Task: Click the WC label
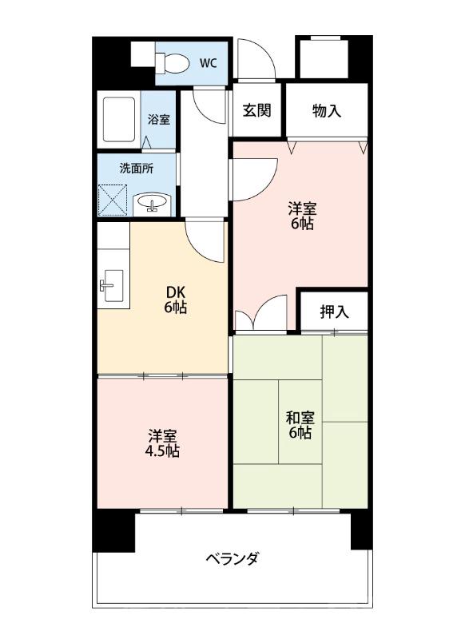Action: (x=208, y=63)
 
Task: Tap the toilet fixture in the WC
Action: (x=173, y=63)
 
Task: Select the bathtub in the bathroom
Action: (x=119, y=119)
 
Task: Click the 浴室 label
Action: (x=158, y=119)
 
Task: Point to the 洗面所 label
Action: (x=137, y=169)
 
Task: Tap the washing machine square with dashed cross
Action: (x=113, y=200)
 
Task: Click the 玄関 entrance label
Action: (x=256, y=110)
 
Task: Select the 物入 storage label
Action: (x=327, y=110)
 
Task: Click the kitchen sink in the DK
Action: (x=111, y=285)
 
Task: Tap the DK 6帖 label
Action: (x=176, y=300)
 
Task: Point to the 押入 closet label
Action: (x=334, y=312)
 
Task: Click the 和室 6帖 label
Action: (x=300, y=425)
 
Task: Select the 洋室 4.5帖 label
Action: (x=162, y=444)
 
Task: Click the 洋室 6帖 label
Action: (x=302, y=216)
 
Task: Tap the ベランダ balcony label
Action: (x=232, y=558)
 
